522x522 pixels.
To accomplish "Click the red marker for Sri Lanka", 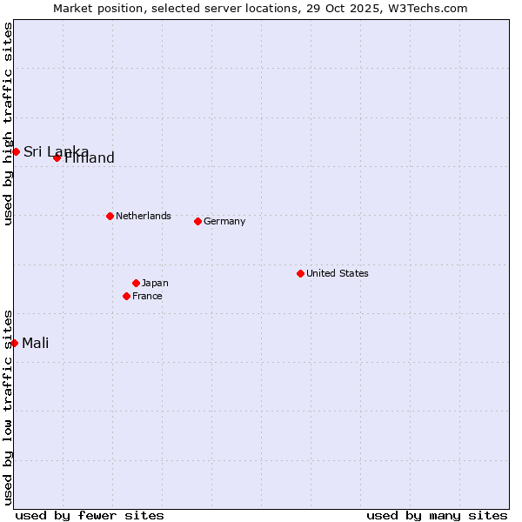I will pyautogui.click(x=16, y=151).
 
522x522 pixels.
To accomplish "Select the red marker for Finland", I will pyautogui.click(x=57, y=157).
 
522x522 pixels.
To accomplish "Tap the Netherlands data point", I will pyautogui.click(x=110, y=216).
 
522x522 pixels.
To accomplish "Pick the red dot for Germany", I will pyautogui.click(x=197, y=221).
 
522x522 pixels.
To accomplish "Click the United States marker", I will pyautogui.click(x=300, y=273).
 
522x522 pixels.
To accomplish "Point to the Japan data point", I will pyautogui.click(x=136, y=283).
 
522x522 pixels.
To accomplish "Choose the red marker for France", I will pyautogui.click(x=126, y=296).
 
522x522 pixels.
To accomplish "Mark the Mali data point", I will pyautogui.click(x=15, y=343).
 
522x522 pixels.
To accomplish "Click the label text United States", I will pyautogui.click(x=337, y=273).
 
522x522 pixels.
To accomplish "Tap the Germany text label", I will pyautogui.click(x=224, y=221).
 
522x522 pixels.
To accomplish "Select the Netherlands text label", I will pyautogui.click(x=143, y=216).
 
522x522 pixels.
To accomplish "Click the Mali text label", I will pyautogui.click(x=35, y=343).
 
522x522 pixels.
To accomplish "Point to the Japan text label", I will pyautogui.click(x=155, y=283).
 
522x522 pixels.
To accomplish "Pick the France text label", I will pyautogui.click(x=147, y=296).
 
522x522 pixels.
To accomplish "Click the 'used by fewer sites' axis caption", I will pyautogui.click(x=90, y=515).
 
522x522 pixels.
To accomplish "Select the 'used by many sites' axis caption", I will pyautogui.click(x=437, y=515).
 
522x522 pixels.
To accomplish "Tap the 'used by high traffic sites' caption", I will pyautogui.click(x=8, y=124).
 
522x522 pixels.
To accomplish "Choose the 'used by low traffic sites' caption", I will pyautogui.click(x=8, y=406).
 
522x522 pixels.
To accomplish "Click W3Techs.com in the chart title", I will pyautogui.click(x=427, y=8).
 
